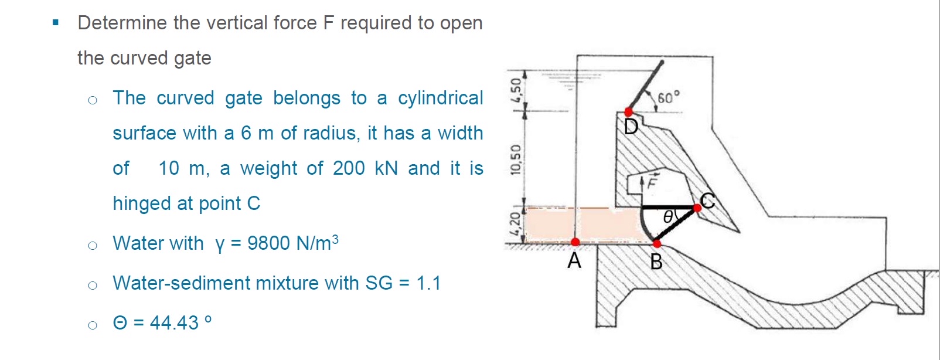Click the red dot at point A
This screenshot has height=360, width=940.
click(575, 242)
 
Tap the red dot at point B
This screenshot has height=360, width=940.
click(657, 243)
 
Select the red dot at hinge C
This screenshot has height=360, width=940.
click(697, 208)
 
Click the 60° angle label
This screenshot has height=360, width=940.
click(668, 97)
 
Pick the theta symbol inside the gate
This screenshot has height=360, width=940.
click(668, 218)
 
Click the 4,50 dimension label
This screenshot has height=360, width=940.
click(516, 89)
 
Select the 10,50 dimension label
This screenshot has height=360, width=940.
click(516, 159)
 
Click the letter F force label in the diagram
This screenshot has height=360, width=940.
click(652, 181)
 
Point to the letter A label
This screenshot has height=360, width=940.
click(574, 260)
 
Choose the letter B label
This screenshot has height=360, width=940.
click(656, 261)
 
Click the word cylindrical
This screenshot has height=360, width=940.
click(440, 98)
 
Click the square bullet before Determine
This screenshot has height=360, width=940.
click(56, 23)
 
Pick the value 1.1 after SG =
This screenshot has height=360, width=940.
click(428, 283)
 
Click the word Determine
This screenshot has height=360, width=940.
click(122, 23)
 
